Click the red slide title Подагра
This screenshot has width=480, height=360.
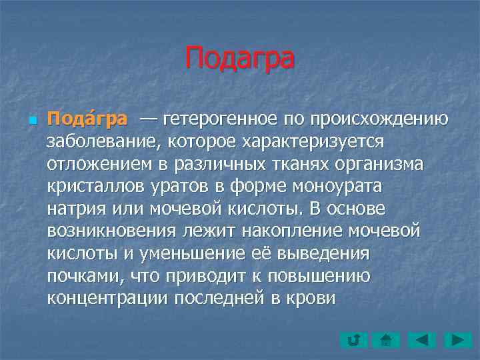point(239,57)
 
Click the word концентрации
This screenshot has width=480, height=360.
point(107,299)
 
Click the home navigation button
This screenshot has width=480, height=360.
point(386,341)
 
